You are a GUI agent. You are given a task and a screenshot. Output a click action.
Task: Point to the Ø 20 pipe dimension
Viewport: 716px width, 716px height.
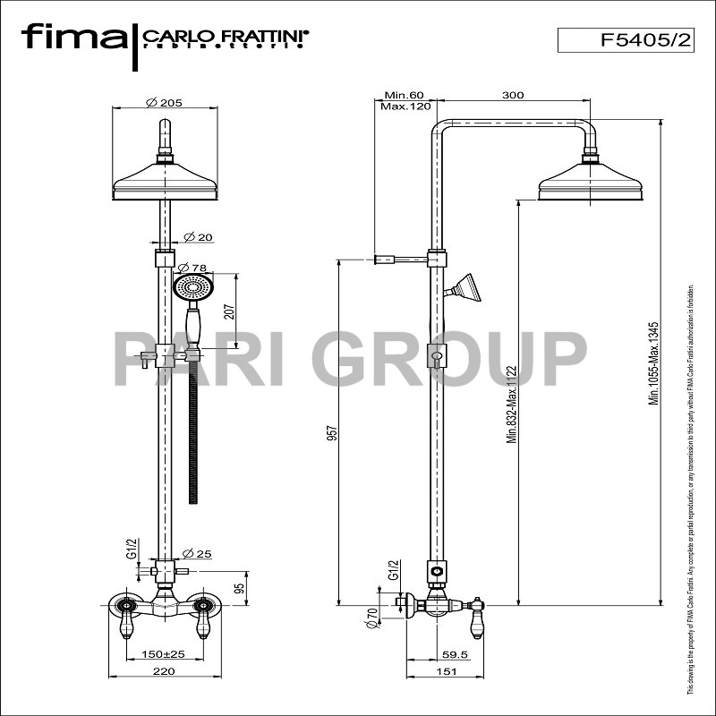point(198,237)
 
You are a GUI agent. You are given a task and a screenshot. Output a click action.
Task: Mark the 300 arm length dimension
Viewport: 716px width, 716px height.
point(513,95)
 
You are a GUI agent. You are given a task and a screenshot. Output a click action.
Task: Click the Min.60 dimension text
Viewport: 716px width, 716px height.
point(403,95)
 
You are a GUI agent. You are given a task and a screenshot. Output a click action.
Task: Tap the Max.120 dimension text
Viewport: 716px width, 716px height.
point(405,107)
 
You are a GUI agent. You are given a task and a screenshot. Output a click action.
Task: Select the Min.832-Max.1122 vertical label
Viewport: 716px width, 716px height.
point(511,403)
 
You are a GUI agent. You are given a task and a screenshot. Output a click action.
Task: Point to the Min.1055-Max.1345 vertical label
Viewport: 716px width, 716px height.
point(654,364)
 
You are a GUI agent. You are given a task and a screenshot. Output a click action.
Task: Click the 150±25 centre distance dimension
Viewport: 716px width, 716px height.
point(163,654)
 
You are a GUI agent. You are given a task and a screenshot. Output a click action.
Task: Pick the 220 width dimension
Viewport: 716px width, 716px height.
point(163,670)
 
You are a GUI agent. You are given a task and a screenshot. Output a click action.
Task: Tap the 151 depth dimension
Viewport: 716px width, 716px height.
point(444,670)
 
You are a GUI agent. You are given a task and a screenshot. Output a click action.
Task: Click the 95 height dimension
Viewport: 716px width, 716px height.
point(239,588)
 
